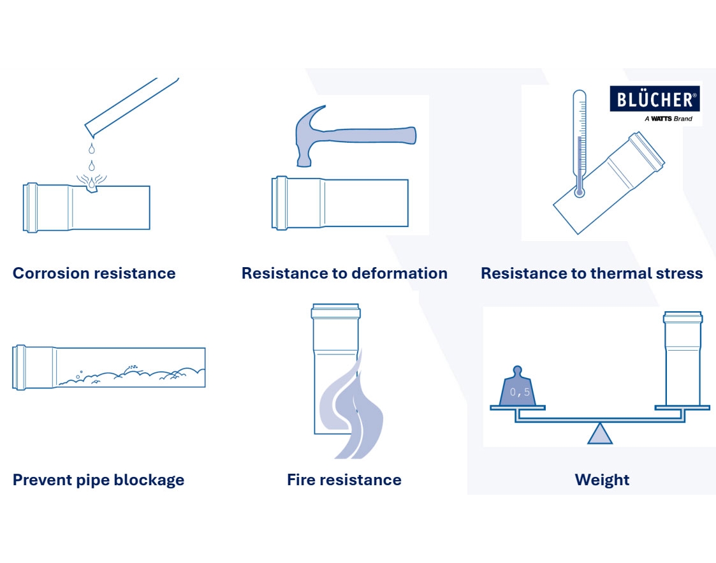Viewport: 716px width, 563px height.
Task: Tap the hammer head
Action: tap(310, 136)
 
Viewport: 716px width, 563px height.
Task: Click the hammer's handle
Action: tap(370, 135)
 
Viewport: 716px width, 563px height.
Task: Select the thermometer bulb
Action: tap(580, 192)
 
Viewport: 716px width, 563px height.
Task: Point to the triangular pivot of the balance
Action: tap(599, 434)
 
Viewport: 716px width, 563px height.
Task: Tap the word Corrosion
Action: tap(50, 273)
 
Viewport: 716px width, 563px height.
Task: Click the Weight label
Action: tap(602, 480)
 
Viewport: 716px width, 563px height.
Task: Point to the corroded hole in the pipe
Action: tap(92, 184)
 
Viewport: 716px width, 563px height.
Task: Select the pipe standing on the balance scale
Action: tap(683, 358)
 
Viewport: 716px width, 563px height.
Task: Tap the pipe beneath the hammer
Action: tap(340, 202)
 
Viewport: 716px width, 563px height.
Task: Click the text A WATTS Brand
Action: tap(668, 119)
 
